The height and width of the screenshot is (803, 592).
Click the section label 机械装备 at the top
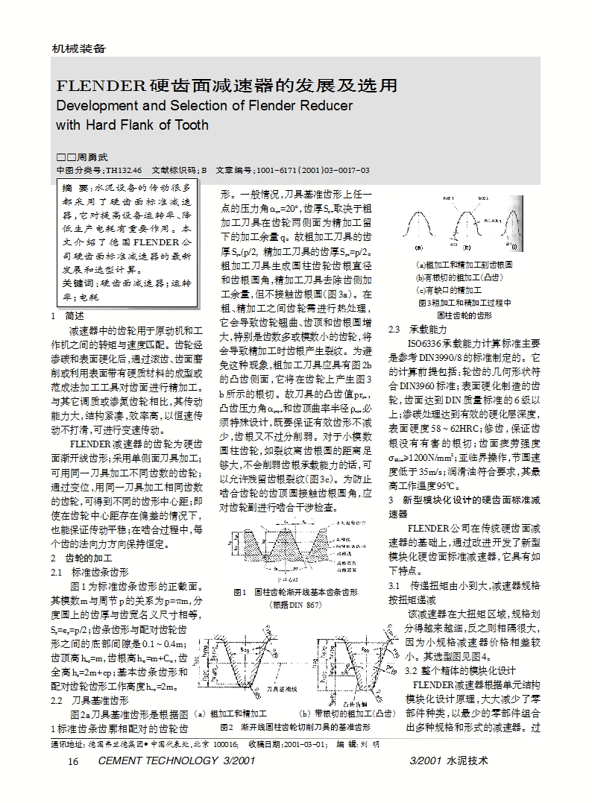click(x=78, y=48)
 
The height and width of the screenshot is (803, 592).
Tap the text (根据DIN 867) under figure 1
click(x=295, y=605)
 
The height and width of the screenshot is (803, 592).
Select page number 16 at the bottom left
click(x=73, y=761)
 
